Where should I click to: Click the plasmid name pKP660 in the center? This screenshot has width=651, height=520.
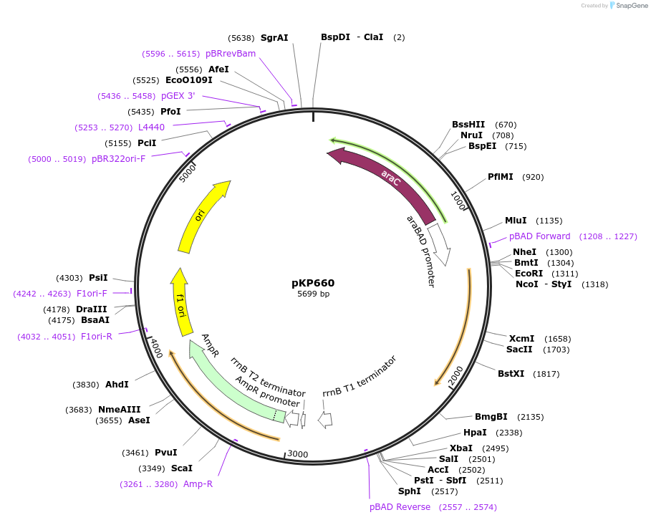(x=313, y=283)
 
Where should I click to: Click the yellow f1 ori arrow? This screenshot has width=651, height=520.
(x=183, y=304)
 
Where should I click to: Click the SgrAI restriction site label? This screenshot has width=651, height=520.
(x=274, y=37)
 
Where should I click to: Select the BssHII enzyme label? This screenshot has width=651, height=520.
(x=468, y=124)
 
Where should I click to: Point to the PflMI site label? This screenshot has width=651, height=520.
(x=501, y=176)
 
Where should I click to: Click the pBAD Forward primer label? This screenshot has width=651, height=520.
(x=540, y=236)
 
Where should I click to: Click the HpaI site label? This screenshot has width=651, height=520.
(x=475, y=432)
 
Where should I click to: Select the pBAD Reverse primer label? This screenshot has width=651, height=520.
(x=400, y=506)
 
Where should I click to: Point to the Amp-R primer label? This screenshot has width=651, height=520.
(x=198, y=483)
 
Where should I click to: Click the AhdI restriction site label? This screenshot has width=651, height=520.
(x=117, y=384)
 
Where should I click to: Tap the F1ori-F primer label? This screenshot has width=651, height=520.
(x=92, y=293)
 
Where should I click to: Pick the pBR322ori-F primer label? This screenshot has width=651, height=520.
(x=118, y=158)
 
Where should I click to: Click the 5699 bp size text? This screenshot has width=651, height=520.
(x=314, y=294)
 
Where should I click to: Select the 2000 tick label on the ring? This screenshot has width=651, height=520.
(x=456, y=377)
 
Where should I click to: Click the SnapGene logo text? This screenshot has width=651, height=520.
(x=630, y=5)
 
